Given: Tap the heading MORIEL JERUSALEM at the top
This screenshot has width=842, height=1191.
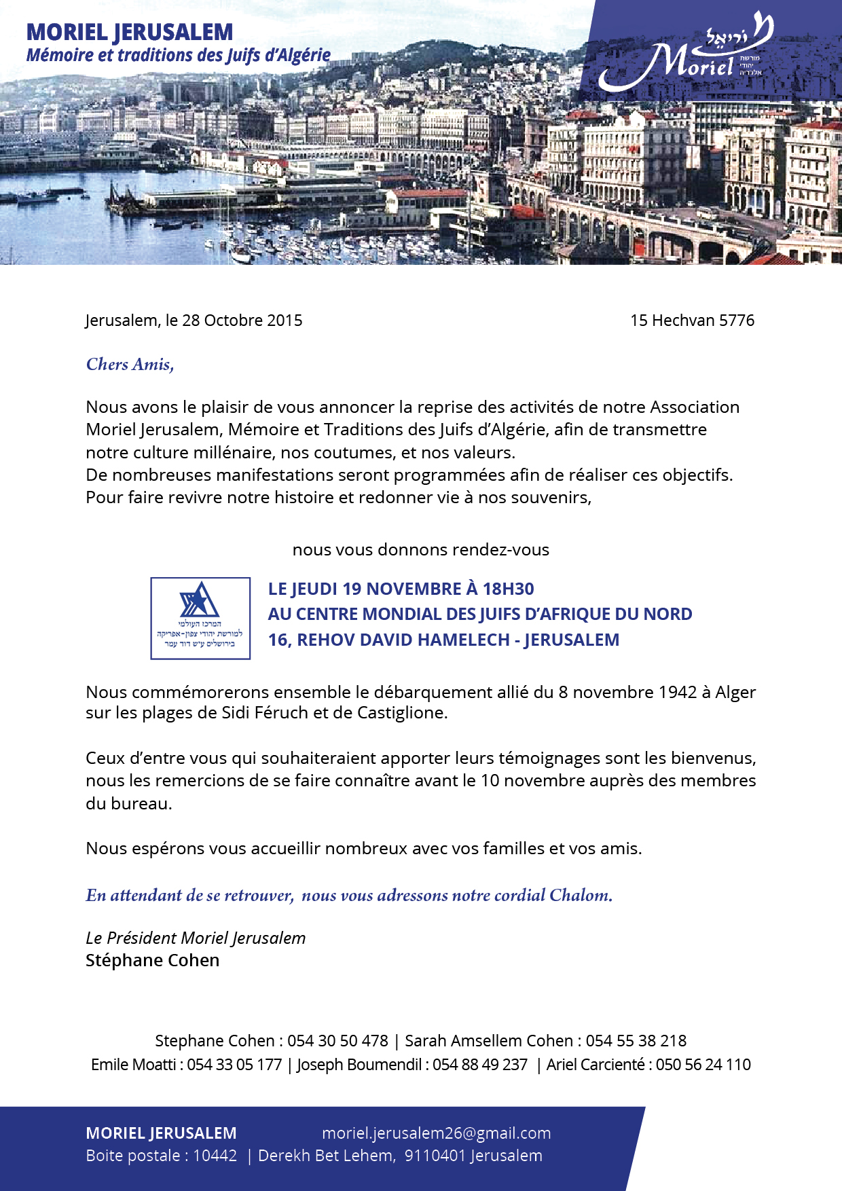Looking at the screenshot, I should tap(129, 32).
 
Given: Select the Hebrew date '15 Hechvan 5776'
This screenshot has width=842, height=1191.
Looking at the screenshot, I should tap(692, 320).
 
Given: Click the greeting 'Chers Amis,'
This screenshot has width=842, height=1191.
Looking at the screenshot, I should tap(130, 365).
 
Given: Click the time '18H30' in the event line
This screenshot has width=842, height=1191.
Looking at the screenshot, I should tap(508, 589).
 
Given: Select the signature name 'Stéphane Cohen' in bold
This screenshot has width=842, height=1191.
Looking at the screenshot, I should tap(152, 960).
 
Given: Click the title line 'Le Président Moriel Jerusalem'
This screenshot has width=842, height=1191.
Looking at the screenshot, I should tap(196, 938).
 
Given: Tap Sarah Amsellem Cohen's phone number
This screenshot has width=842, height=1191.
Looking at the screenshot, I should tap(636, 1041).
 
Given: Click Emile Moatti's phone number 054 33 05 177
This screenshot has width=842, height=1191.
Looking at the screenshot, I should tap(234, 1065).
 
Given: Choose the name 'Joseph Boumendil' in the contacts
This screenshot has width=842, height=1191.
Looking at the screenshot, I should tap(359, 1065).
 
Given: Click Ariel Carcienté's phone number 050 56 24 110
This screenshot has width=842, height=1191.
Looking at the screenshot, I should tap(703, 1065).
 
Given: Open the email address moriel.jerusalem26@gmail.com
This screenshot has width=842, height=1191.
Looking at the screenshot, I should tap(436, 1133).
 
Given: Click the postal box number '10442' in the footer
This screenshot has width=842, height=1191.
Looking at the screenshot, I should tap(215, 1156).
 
